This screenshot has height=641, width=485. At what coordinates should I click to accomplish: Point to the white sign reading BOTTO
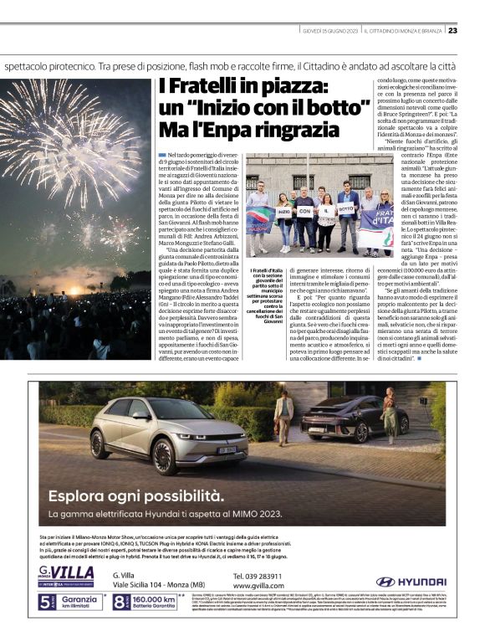tap(346, 209)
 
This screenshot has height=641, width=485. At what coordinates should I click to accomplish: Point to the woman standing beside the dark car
tap(390, 413)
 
